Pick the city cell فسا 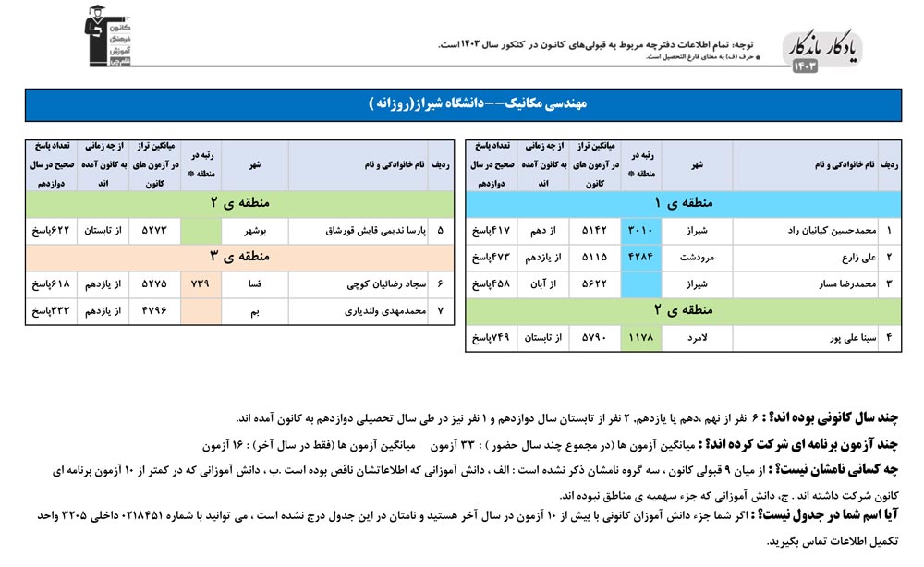coord(254,284)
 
